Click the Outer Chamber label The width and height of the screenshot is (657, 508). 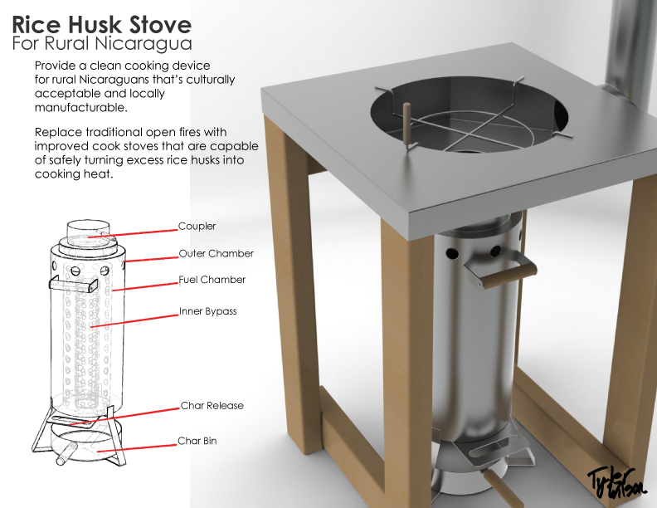pos(216,253)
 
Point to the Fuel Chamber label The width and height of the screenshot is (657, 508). pos(212,280)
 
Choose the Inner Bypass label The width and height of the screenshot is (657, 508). pos(207,312)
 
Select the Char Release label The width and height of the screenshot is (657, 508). pos(212,406)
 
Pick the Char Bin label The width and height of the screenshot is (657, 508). pos(197,441)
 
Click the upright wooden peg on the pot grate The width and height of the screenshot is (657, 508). pos(406,125)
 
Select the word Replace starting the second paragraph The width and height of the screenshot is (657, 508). pos(59,133)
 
